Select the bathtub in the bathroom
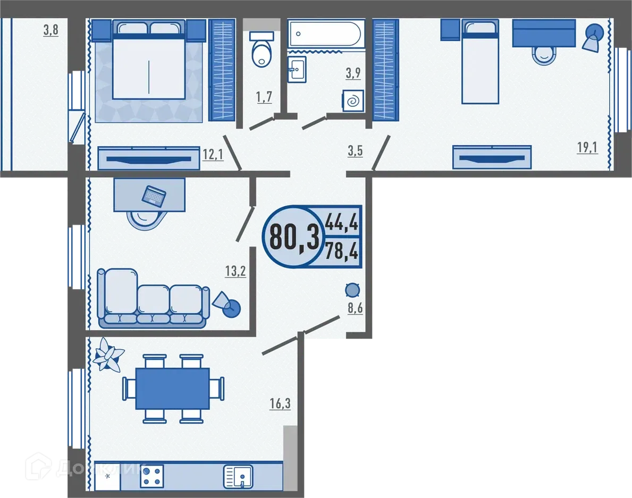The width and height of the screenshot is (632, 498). [324, 34]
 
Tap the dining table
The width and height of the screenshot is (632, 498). [172, 389]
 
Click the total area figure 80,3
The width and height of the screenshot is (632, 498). [294, 237]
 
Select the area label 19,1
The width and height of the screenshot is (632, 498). [587, 147]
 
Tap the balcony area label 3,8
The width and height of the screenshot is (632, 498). [50, 30]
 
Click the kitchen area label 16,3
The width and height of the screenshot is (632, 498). [280, 404]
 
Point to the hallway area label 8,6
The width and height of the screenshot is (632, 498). [355, 308]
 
